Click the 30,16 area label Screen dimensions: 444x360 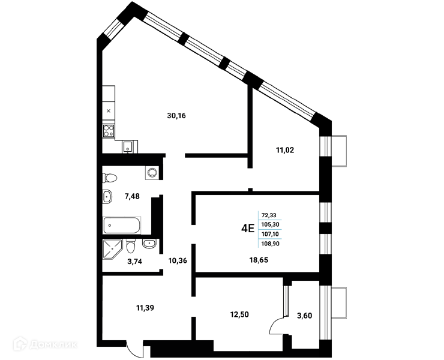[x=176, y=116]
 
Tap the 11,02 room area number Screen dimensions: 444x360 [x=285, y=150]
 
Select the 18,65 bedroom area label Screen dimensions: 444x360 [x=259, y=260]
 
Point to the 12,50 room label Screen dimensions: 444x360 [x=239, y=314]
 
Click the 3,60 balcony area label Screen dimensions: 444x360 [x=304, y=316]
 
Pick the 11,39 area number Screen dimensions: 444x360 [x=145, y=308]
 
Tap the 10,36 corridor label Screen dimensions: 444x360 [x=178, y=260]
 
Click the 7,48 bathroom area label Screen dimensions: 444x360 [x=132, y=196]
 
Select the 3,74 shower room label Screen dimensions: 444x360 [x=134, y=262]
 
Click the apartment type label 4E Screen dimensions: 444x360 [x=248, y=228]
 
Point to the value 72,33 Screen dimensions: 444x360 [x=269, y=215]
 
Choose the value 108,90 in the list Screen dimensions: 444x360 [x=270, y=244]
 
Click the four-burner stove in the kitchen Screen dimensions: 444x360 [x=109, y=131]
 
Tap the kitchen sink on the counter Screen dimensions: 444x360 [x=128, y=147]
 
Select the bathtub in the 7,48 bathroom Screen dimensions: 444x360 [x=122, y=226]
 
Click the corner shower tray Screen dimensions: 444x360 [x=112, y=249]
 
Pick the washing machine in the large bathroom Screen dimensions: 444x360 [x=152, y=172]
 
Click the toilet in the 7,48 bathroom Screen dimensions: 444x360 [x=110, y=178]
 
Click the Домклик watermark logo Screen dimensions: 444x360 [x=46, y=344]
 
